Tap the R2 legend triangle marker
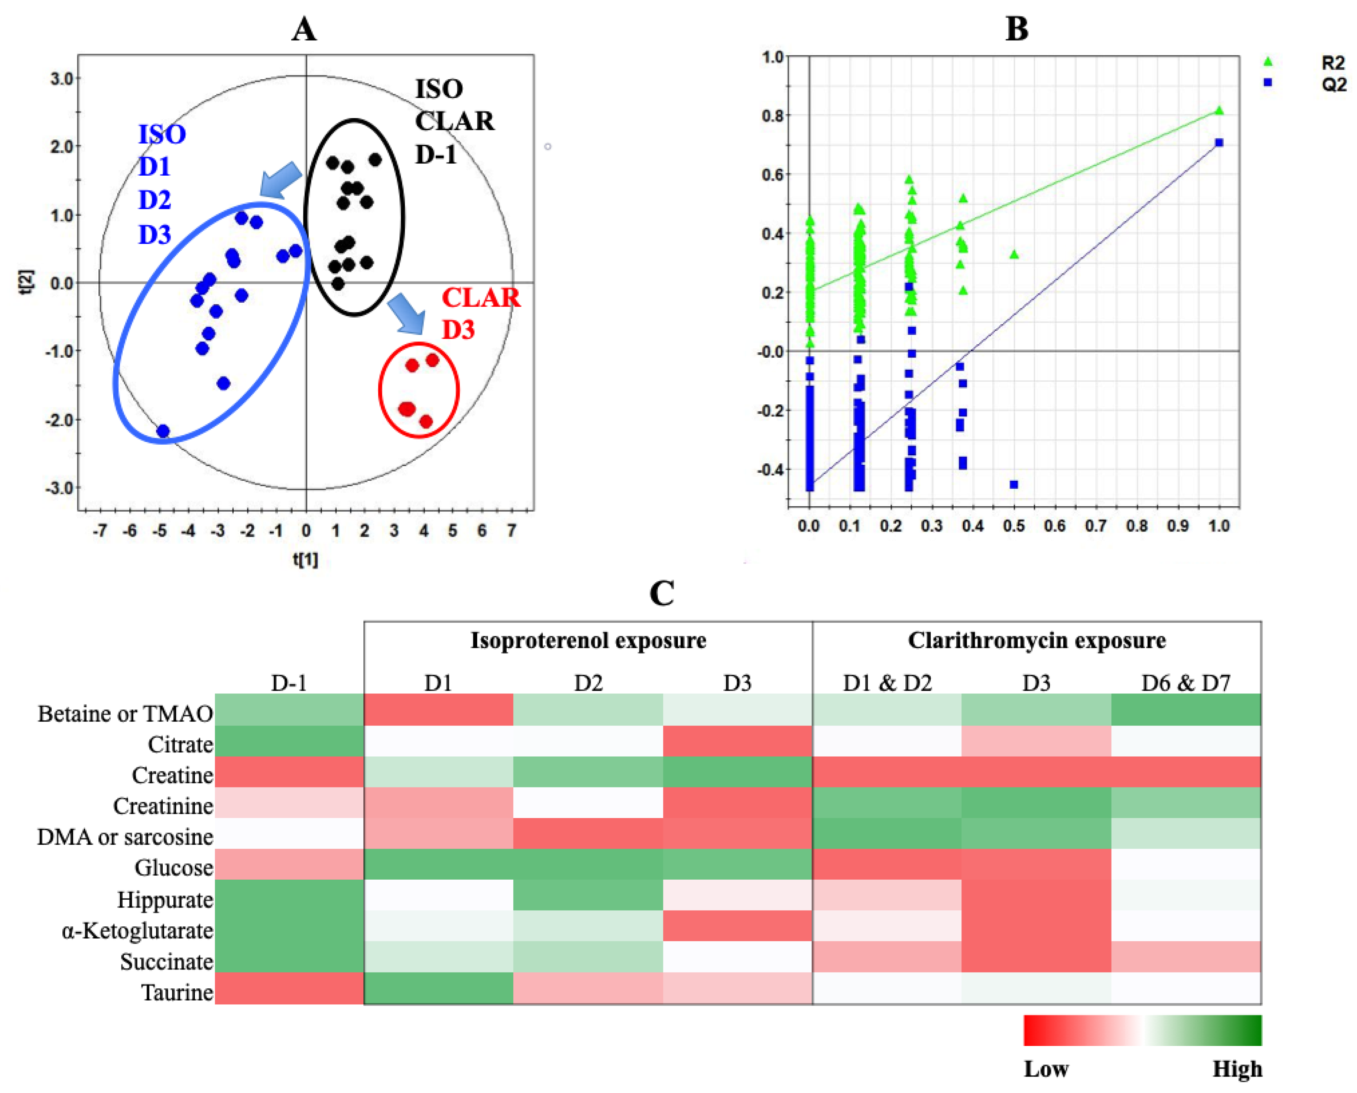[1268, 62]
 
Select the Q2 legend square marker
[1268, 82]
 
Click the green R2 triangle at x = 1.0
[1219, 110]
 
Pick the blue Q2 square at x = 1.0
[1219, 143]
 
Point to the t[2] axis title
[26, 283]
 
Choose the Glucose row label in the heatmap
[174, 867]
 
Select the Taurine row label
[177, 992]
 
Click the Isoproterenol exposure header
[589, 640]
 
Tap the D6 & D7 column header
[1186, 682]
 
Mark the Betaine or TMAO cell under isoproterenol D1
[439, 709]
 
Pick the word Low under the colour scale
[1046, 1068]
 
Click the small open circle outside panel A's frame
[548, 147]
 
